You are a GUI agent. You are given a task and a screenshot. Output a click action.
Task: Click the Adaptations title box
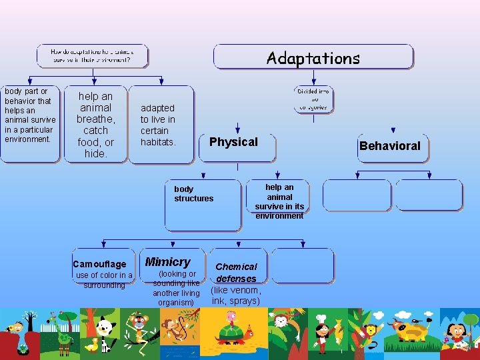click(x=313, y=57)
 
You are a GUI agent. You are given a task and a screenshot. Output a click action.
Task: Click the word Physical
click(x=233, y=142)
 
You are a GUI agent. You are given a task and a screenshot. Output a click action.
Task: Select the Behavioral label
click(x=390, y=146)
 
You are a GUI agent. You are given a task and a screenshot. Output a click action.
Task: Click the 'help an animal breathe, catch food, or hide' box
click(x=95, y=125)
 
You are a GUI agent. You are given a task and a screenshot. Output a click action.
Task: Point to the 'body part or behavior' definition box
click(x=29, y=123)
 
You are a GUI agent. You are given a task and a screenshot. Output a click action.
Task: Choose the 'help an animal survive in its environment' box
click(x=279, y=201)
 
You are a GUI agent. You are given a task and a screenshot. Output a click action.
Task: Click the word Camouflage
click(x=99, y=265)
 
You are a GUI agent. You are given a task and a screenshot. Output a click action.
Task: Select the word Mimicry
click(x=168, y=262)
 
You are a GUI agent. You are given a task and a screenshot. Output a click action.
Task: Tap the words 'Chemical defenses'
click(x=236, y=273)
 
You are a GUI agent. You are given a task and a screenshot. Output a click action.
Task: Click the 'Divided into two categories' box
click(x=313, y=99)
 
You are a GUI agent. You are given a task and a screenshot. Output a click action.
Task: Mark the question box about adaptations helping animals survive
click(x=92, y=55)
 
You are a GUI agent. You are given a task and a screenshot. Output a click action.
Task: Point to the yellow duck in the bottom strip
click(x=92, y=345)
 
